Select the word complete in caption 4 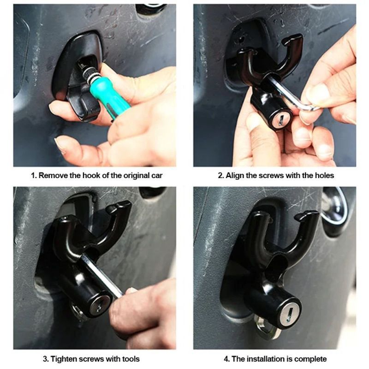pos(310,358)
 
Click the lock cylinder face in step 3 pos(98,305)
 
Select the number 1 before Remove pos(33,175)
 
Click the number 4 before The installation pos(226,358)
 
